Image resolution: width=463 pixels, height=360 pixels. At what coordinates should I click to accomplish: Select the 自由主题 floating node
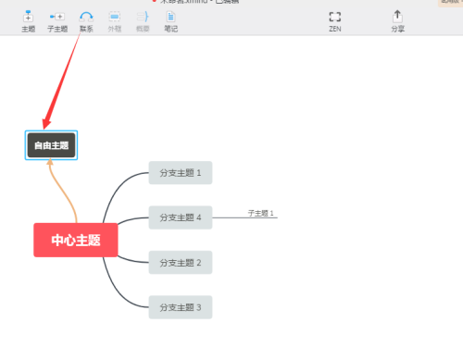51,145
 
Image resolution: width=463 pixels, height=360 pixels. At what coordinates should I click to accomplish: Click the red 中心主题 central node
75,240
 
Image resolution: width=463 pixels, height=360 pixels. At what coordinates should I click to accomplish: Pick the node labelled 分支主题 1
180,172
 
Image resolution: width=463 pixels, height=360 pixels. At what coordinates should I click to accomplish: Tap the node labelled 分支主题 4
180,217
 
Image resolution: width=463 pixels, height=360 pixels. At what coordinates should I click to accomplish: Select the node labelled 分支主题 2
180,263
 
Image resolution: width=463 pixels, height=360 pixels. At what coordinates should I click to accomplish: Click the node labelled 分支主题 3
180,306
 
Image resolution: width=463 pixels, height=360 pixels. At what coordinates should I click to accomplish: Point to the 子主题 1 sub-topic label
261,213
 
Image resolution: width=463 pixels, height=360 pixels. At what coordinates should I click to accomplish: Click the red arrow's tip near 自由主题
44,128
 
